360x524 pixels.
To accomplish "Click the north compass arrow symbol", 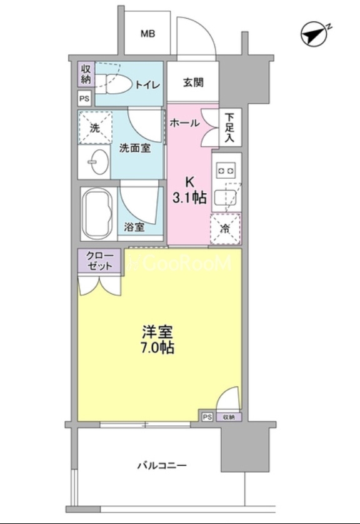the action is coord(314,35).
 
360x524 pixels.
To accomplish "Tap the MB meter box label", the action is coord(147,33).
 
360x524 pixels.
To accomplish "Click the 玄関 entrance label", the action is coord(193,82).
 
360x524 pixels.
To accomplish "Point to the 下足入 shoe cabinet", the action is coord(230,128).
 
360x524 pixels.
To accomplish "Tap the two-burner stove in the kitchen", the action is coord(227,171).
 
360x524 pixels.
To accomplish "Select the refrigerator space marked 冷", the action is coord(226,229).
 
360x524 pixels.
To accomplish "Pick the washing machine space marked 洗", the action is coord(95,128).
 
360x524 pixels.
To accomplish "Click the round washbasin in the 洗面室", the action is coord(99,162).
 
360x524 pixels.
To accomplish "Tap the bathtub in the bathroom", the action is coord(99,214).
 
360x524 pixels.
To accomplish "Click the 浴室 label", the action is coord(134,227).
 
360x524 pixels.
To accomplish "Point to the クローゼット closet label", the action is coord(99,261).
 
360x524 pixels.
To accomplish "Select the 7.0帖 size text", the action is coord(157,348).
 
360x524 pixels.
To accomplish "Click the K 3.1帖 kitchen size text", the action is coord(189,191).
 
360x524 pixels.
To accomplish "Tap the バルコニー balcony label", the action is coord(162,465).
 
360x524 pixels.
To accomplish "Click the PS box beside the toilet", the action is coord(84,99).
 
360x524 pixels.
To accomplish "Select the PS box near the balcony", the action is coord(207,417).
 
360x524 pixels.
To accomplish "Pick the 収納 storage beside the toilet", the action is coord(86,74).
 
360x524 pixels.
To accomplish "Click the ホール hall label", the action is coord(184,123).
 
